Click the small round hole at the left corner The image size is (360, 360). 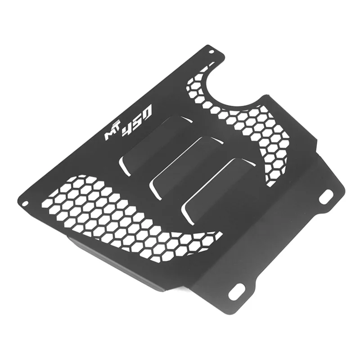26,202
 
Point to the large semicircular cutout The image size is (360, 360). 234,85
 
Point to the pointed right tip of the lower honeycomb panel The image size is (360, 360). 220,235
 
